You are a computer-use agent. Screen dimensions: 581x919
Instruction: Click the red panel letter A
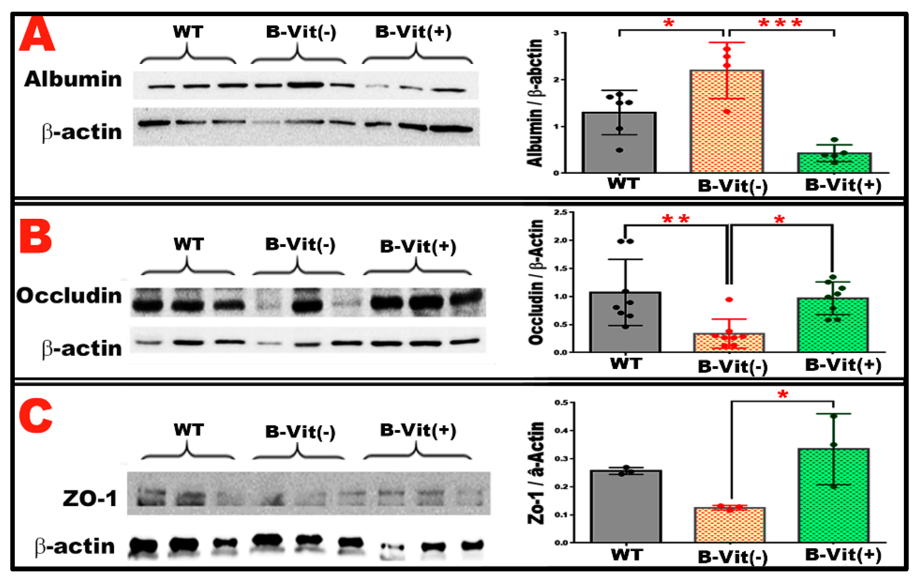[37, 34]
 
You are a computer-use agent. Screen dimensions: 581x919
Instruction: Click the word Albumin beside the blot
[73, 79]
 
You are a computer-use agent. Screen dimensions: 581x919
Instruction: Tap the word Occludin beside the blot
[69, 296]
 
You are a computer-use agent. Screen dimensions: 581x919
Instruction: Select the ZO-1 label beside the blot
[90, 498]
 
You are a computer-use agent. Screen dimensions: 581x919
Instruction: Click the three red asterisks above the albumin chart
[780, 23]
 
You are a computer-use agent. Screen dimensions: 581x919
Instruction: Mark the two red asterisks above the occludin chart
[676, 220]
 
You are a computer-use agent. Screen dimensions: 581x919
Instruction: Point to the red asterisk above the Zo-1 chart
[782, 395]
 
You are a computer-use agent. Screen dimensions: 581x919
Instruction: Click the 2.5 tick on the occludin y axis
[560, 212]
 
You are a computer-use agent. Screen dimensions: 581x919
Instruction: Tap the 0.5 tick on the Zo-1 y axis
[561, 402]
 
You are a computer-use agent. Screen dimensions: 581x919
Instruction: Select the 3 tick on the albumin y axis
[557, 33]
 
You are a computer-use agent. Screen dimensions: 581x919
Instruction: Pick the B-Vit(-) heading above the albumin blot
[301, 32]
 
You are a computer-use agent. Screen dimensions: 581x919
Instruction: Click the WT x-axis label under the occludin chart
[626, 364]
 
